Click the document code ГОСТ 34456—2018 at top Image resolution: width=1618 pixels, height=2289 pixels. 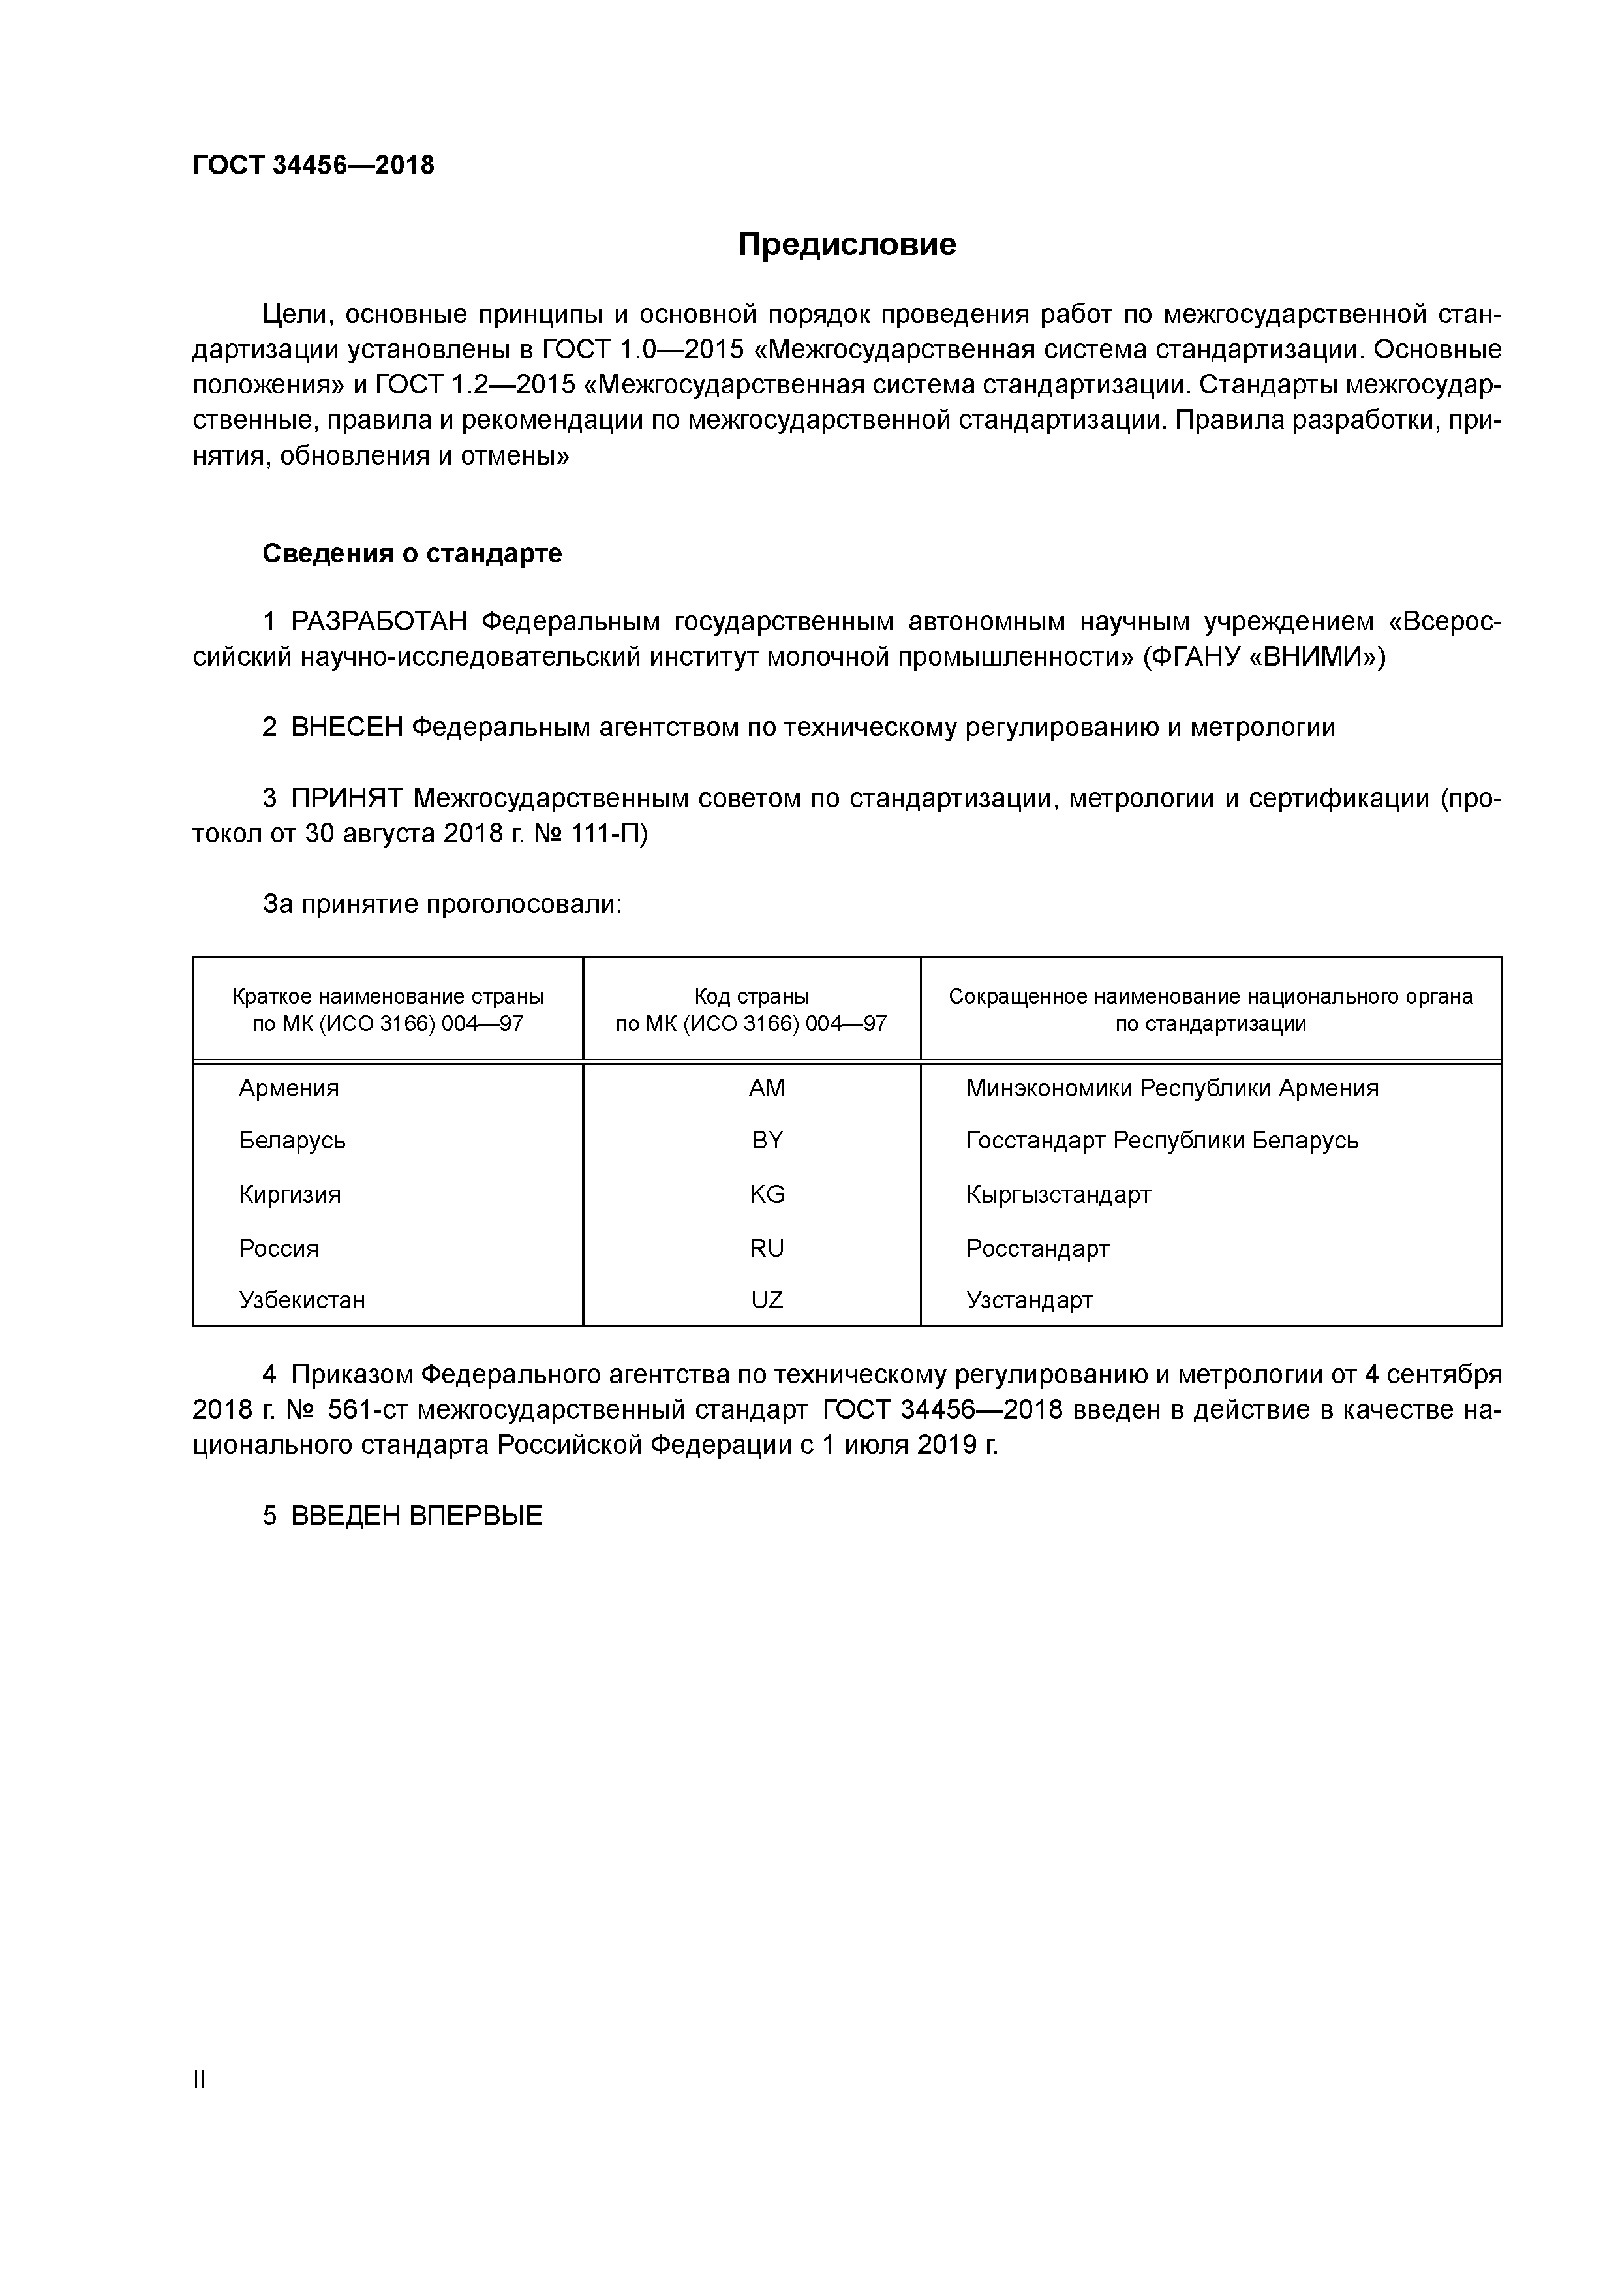[313, 166]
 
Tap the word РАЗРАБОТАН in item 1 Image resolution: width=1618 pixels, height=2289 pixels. [379, 622]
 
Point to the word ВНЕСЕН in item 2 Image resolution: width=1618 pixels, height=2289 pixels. [347, 728]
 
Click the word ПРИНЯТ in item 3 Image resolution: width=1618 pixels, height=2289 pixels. [347, 799]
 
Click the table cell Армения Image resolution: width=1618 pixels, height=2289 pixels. [288, 1088]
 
